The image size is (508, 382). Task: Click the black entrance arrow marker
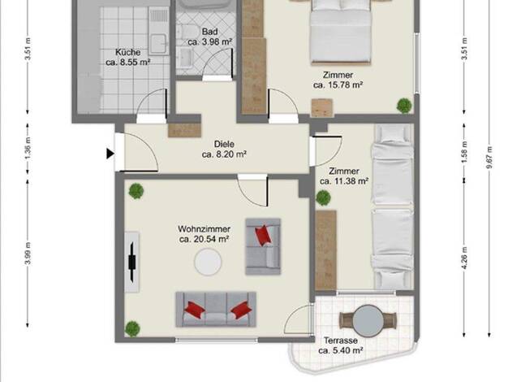(x=110, y=154)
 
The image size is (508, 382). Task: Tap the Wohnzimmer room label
(x=204, y=229)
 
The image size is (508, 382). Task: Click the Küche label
(x=128, y=52)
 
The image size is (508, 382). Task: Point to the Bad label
(x=209, y=32)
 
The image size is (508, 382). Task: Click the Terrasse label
(x=341, y=341)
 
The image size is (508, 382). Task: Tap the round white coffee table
(x=208, y=262)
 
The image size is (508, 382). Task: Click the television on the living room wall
(x=132, y=262)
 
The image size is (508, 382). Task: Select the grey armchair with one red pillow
(x=263, y=246)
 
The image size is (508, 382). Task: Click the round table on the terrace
(x=368, y=321)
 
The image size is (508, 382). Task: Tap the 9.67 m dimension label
(x=489, y=158)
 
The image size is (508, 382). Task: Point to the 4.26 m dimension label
(x=465, y=258)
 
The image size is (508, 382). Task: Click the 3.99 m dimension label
(x=28, y=254)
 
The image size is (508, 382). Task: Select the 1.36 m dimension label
(x=28, y=149)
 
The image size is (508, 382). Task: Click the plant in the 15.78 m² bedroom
(x=404, y=106)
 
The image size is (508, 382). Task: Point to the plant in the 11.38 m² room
(x=323, y=198)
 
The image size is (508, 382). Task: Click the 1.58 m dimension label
(x=465, y=153)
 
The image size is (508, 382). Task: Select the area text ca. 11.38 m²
(x=344, y=181)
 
